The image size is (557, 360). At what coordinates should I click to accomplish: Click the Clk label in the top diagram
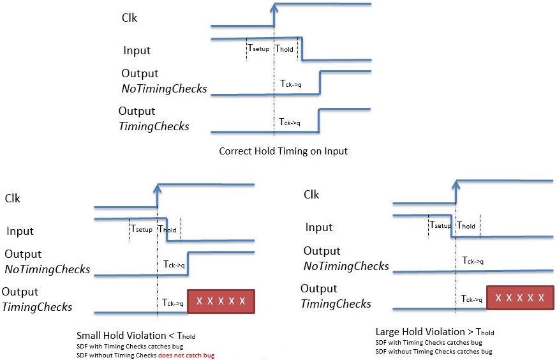pyautogui.click(x=130, y=18)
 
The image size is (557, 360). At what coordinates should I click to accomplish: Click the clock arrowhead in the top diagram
pyautogui.click(x=274, y=7)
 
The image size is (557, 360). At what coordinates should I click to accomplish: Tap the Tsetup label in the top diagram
pyautogui.click(x=258, y=49)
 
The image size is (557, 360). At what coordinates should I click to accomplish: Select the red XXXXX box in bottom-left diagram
pyautogui.click(x=221, y=301)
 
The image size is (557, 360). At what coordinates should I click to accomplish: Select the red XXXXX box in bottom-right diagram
pyautogui.click(x=520, y=297)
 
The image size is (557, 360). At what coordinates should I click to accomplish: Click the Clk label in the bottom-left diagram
pyautogui.click(x=13, y=199)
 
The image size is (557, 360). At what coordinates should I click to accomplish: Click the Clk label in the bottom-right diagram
pyautogui.click(x=311, y=195)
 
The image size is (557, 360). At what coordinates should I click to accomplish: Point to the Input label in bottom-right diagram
pyautogui.click(x=318, y=227)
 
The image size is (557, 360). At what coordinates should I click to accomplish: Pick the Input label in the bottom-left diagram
pyautogui.click(x=20, y=231)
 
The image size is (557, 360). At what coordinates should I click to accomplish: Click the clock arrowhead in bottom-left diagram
pyautogui.click(x=157, y=187)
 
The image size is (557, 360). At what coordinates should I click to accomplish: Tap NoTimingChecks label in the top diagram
pyautogui.click(x=164, y=89)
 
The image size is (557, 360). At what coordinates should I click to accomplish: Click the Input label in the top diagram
pyautogui.click(x=137, y=50)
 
